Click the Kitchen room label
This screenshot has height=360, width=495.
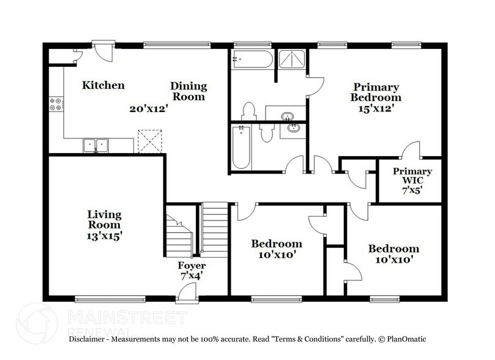coord(103,85)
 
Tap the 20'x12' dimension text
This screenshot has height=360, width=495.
coord(148,109)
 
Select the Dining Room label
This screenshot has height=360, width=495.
coord(188,91)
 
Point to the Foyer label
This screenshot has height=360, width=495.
coord(192,266)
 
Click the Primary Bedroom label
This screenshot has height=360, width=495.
coord(375,92)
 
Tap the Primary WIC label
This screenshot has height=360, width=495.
coord(412,176)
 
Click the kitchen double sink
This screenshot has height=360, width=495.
coord(96,145)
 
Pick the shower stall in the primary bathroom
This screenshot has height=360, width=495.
coord(292,60)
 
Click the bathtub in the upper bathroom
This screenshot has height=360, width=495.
coord(251,60)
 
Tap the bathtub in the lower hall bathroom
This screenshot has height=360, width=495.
coord(240,147)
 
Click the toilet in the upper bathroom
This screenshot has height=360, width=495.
coord(248,111)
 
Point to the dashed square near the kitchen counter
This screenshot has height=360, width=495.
coord(149,140)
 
